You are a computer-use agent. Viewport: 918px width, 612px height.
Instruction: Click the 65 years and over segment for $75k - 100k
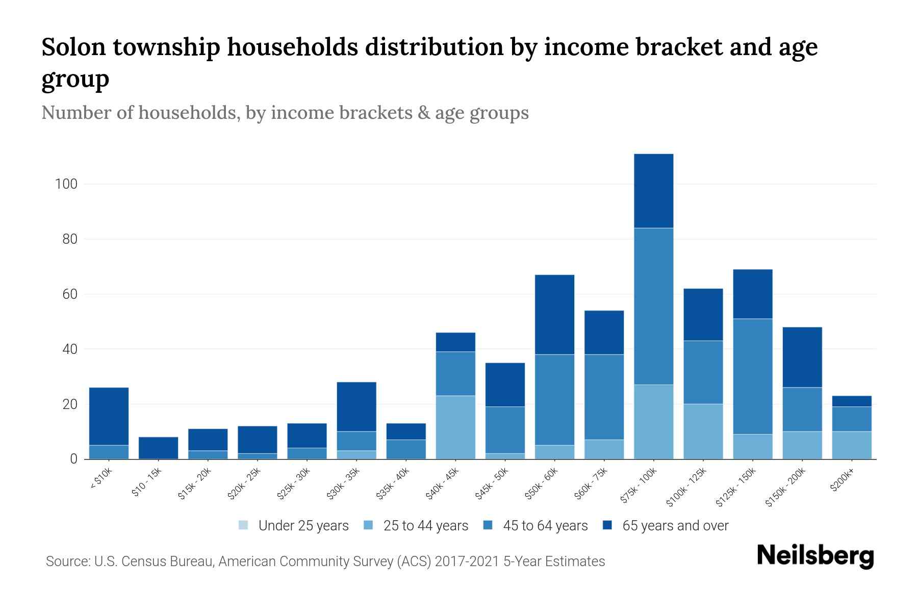point(653,191)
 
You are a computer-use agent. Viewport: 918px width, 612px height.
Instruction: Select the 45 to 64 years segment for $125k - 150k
point(752,376)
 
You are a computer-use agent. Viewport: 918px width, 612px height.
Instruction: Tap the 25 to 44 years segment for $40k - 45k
point(455,427)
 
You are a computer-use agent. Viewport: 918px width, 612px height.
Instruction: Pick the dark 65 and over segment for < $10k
point(109,416)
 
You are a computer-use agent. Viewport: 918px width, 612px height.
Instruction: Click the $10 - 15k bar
point(158,448)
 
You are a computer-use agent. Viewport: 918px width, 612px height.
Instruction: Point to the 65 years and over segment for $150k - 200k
point(802,357)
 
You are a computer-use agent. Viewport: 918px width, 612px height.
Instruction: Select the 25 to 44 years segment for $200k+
point(851,445)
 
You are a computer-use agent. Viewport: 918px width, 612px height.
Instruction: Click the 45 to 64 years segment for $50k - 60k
point(554,400)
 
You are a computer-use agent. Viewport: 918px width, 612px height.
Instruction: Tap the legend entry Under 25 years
point(303,526)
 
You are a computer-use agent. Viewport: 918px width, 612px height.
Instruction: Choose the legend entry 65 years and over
point(675,526)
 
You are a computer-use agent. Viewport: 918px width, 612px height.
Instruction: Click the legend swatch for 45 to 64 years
point(488,525)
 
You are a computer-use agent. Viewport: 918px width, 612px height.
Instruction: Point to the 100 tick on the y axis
point(66,184)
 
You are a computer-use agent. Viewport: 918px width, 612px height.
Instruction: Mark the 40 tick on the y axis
point(69,349)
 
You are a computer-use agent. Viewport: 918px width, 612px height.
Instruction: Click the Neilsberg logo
point(815,555)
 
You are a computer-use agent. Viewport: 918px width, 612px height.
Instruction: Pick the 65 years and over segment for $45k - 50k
point(505,385)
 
